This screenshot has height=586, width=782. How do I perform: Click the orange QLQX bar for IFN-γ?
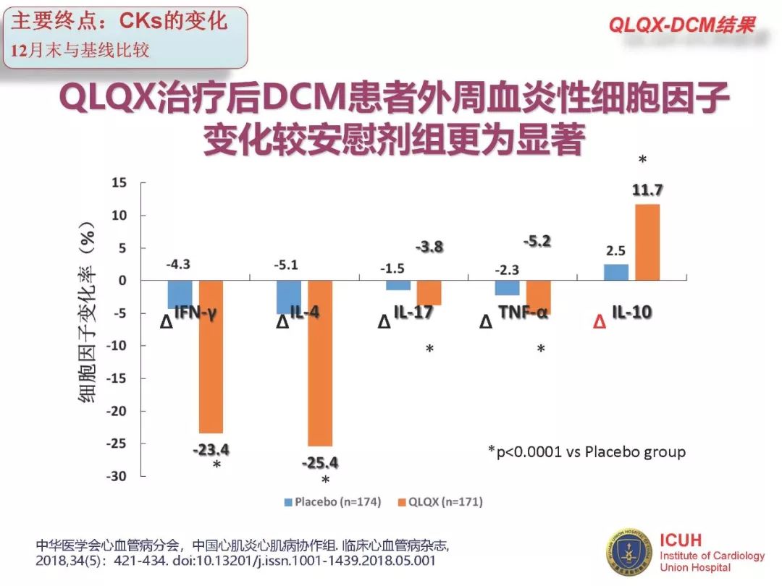point(211,356)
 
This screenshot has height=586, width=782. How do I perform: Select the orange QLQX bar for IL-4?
point(319,363)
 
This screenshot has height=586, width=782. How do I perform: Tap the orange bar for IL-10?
point(647,242)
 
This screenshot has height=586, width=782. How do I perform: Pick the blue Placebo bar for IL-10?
point(615,272)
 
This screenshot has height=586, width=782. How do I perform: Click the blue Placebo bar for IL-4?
point(289,297)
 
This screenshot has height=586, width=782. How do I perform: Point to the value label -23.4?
point(211,450)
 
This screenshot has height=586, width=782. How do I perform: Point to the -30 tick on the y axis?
point(117,476)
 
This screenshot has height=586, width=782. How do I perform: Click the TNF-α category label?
point(523,313)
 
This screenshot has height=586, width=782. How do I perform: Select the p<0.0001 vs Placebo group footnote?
point(586,451)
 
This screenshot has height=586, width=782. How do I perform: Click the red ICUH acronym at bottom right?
point(681,540)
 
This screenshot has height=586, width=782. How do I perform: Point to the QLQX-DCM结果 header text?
point(681,25)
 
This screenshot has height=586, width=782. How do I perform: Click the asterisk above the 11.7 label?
point(642,159)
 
